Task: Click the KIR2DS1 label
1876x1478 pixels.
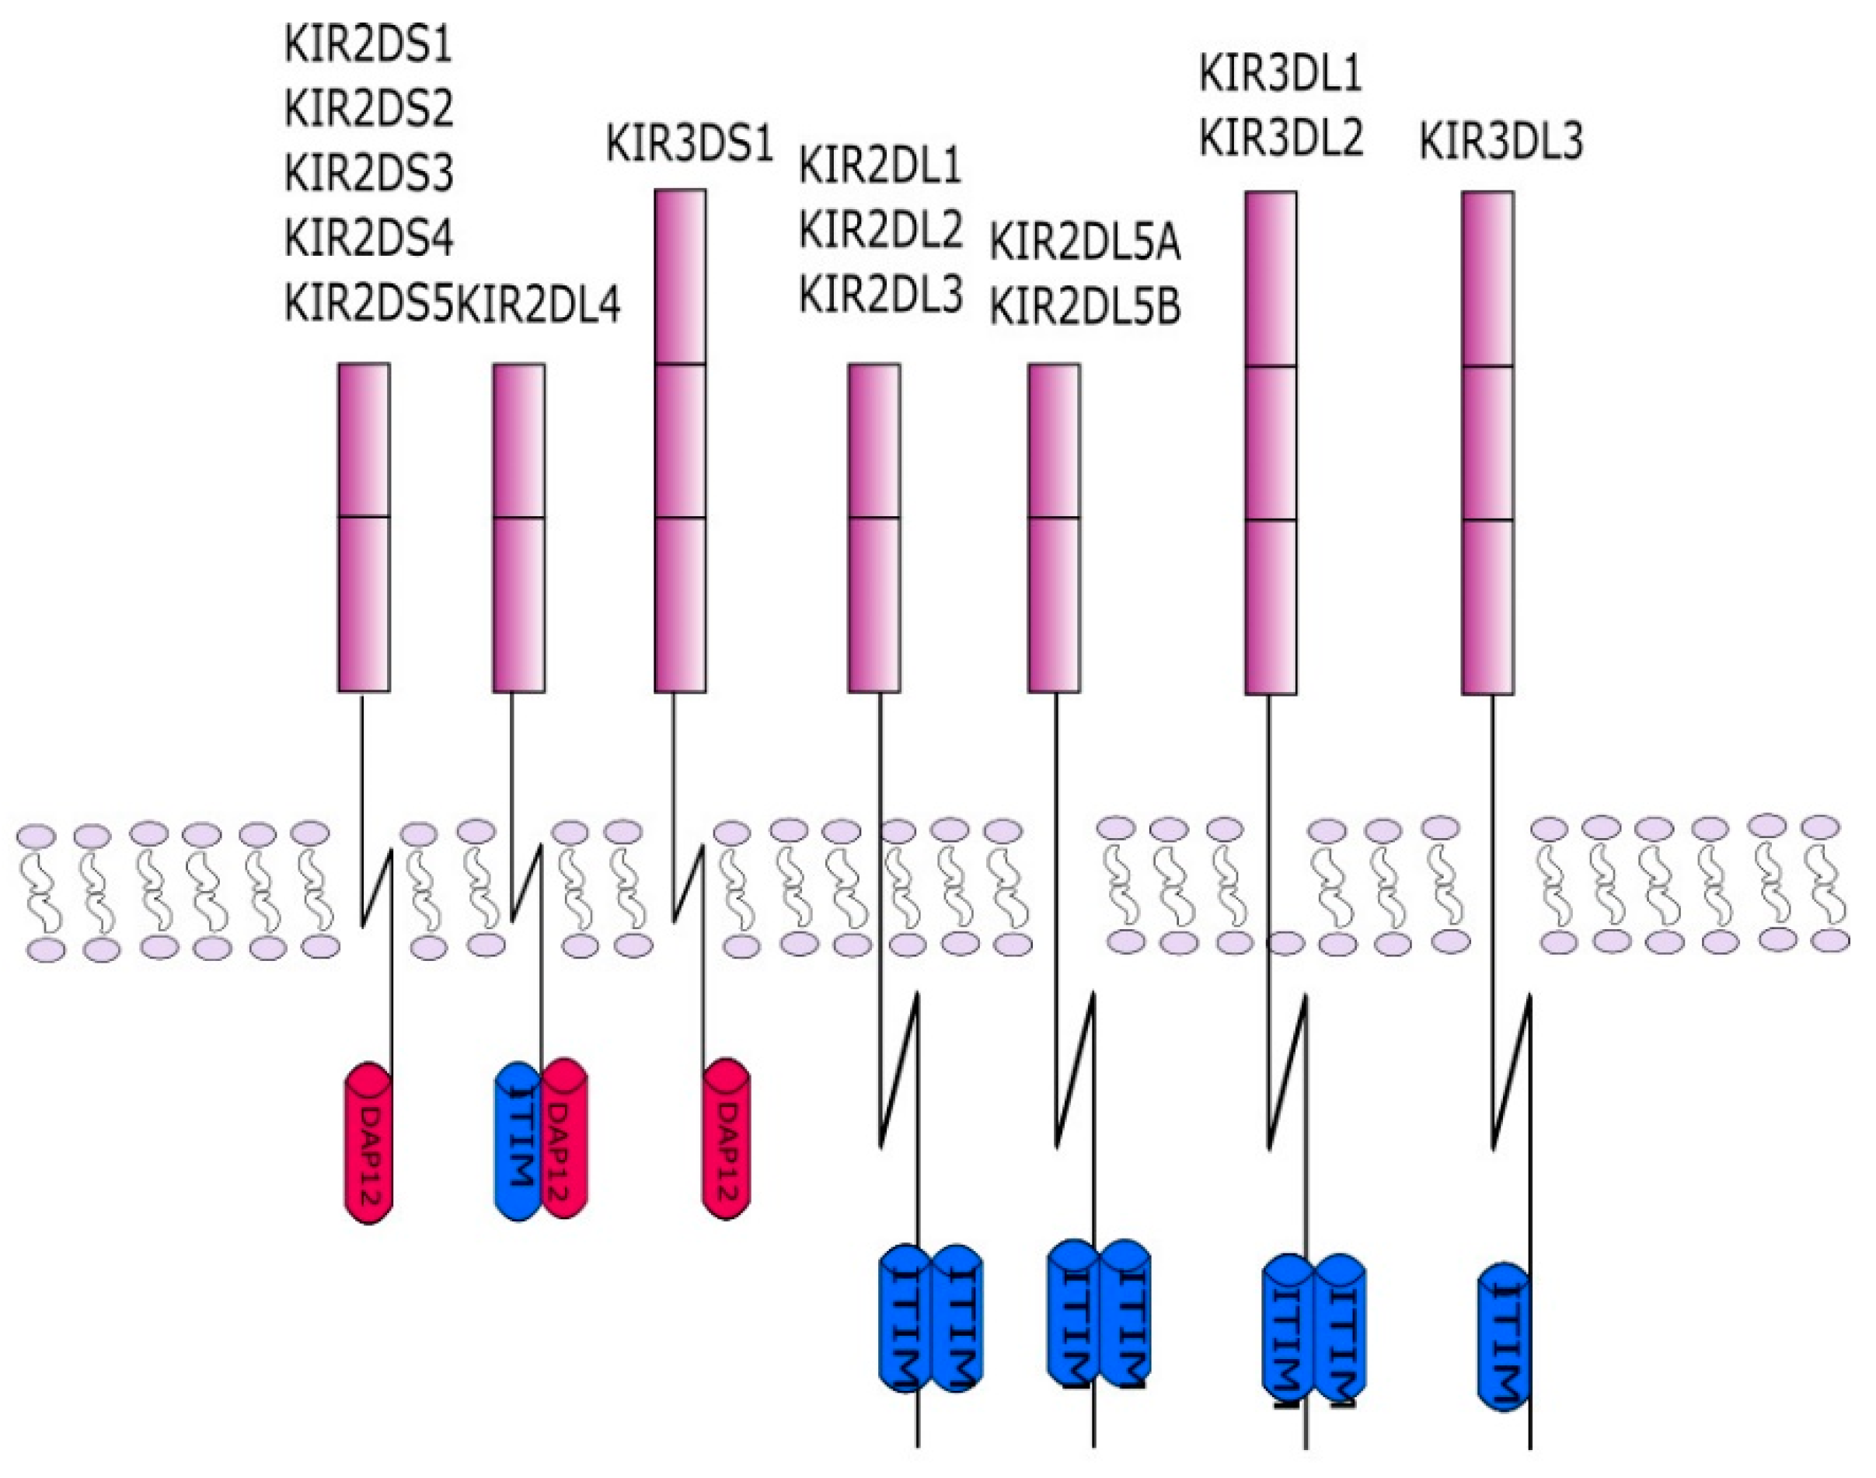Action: click(368, 45)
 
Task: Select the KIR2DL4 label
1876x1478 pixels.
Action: click(538, 304)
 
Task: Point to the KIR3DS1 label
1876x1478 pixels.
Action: click(689, 144)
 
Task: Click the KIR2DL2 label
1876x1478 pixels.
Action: click(880, 229)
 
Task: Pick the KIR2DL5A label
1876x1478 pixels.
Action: click(1085, 243)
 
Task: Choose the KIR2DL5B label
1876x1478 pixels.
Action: click(1085, 307)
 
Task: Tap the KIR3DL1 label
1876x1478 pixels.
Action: click(1280, 74)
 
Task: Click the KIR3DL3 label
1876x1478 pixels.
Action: click(1501, 141)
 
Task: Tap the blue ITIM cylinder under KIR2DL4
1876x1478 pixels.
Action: click(518, 1142)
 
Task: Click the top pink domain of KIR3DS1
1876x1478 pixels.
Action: click(680, 277)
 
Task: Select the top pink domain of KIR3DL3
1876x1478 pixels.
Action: click(1487, 278)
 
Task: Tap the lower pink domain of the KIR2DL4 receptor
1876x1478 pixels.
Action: click(519, 604)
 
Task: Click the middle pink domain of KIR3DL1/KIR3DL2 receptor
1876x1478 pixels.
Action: click(1271, 443)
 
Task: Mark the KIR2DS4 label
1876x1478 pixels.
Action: click(368, 237)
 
